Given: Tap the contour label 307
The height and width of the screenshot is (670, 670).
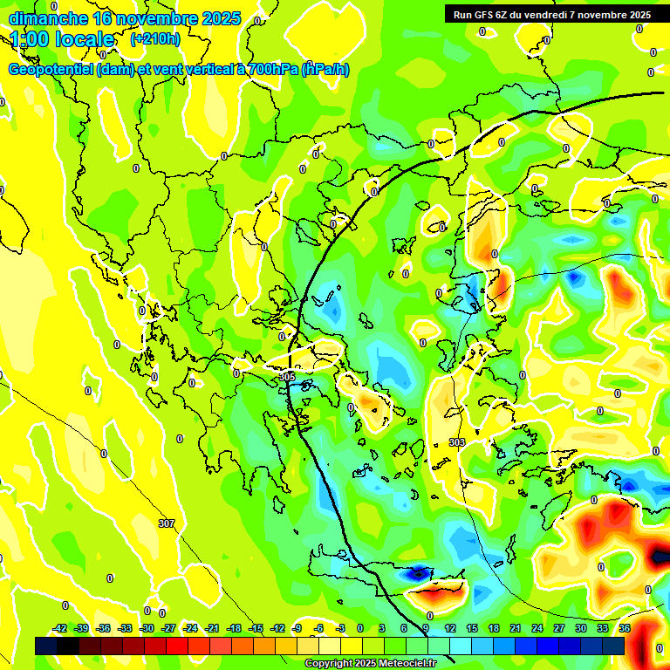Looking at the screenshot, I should [167, 523].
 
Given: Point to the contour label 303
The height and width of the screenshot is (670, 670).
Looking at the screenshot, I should [457, 442].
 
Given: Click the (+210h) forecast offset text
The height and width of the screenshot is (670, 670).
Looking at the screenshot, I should [155, 39].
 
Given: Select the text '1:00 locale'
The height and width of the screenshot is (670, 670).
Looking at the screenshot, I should [63, 39].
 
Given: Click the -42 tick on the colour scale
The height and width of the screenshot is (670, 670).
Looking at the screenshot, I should [59, 628].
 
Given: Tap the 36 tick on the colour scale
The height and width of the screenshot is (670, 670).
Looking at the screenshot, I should [625, 628].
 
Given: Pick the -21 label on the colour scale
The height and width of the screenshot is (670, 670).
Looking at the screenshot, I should [212, 628].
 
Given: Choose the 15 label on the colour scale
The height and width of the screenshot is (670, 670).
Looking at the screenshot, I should [472, 628].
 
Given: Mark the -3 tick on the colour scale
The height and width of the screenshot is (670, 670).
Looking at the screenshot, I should [341, 628].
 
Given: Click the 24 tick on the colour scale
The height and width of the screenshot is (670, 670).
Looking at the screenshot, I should [537, 628].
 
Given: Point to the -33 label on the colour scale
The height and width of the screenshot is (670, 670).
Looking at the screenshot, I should [125, 628].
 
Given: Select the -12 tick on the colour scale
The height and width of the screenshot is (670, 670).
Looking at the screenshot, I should [277, 628].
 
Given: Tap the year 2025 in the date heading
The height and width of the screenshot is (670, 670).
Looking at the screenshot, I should [221, 18].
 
